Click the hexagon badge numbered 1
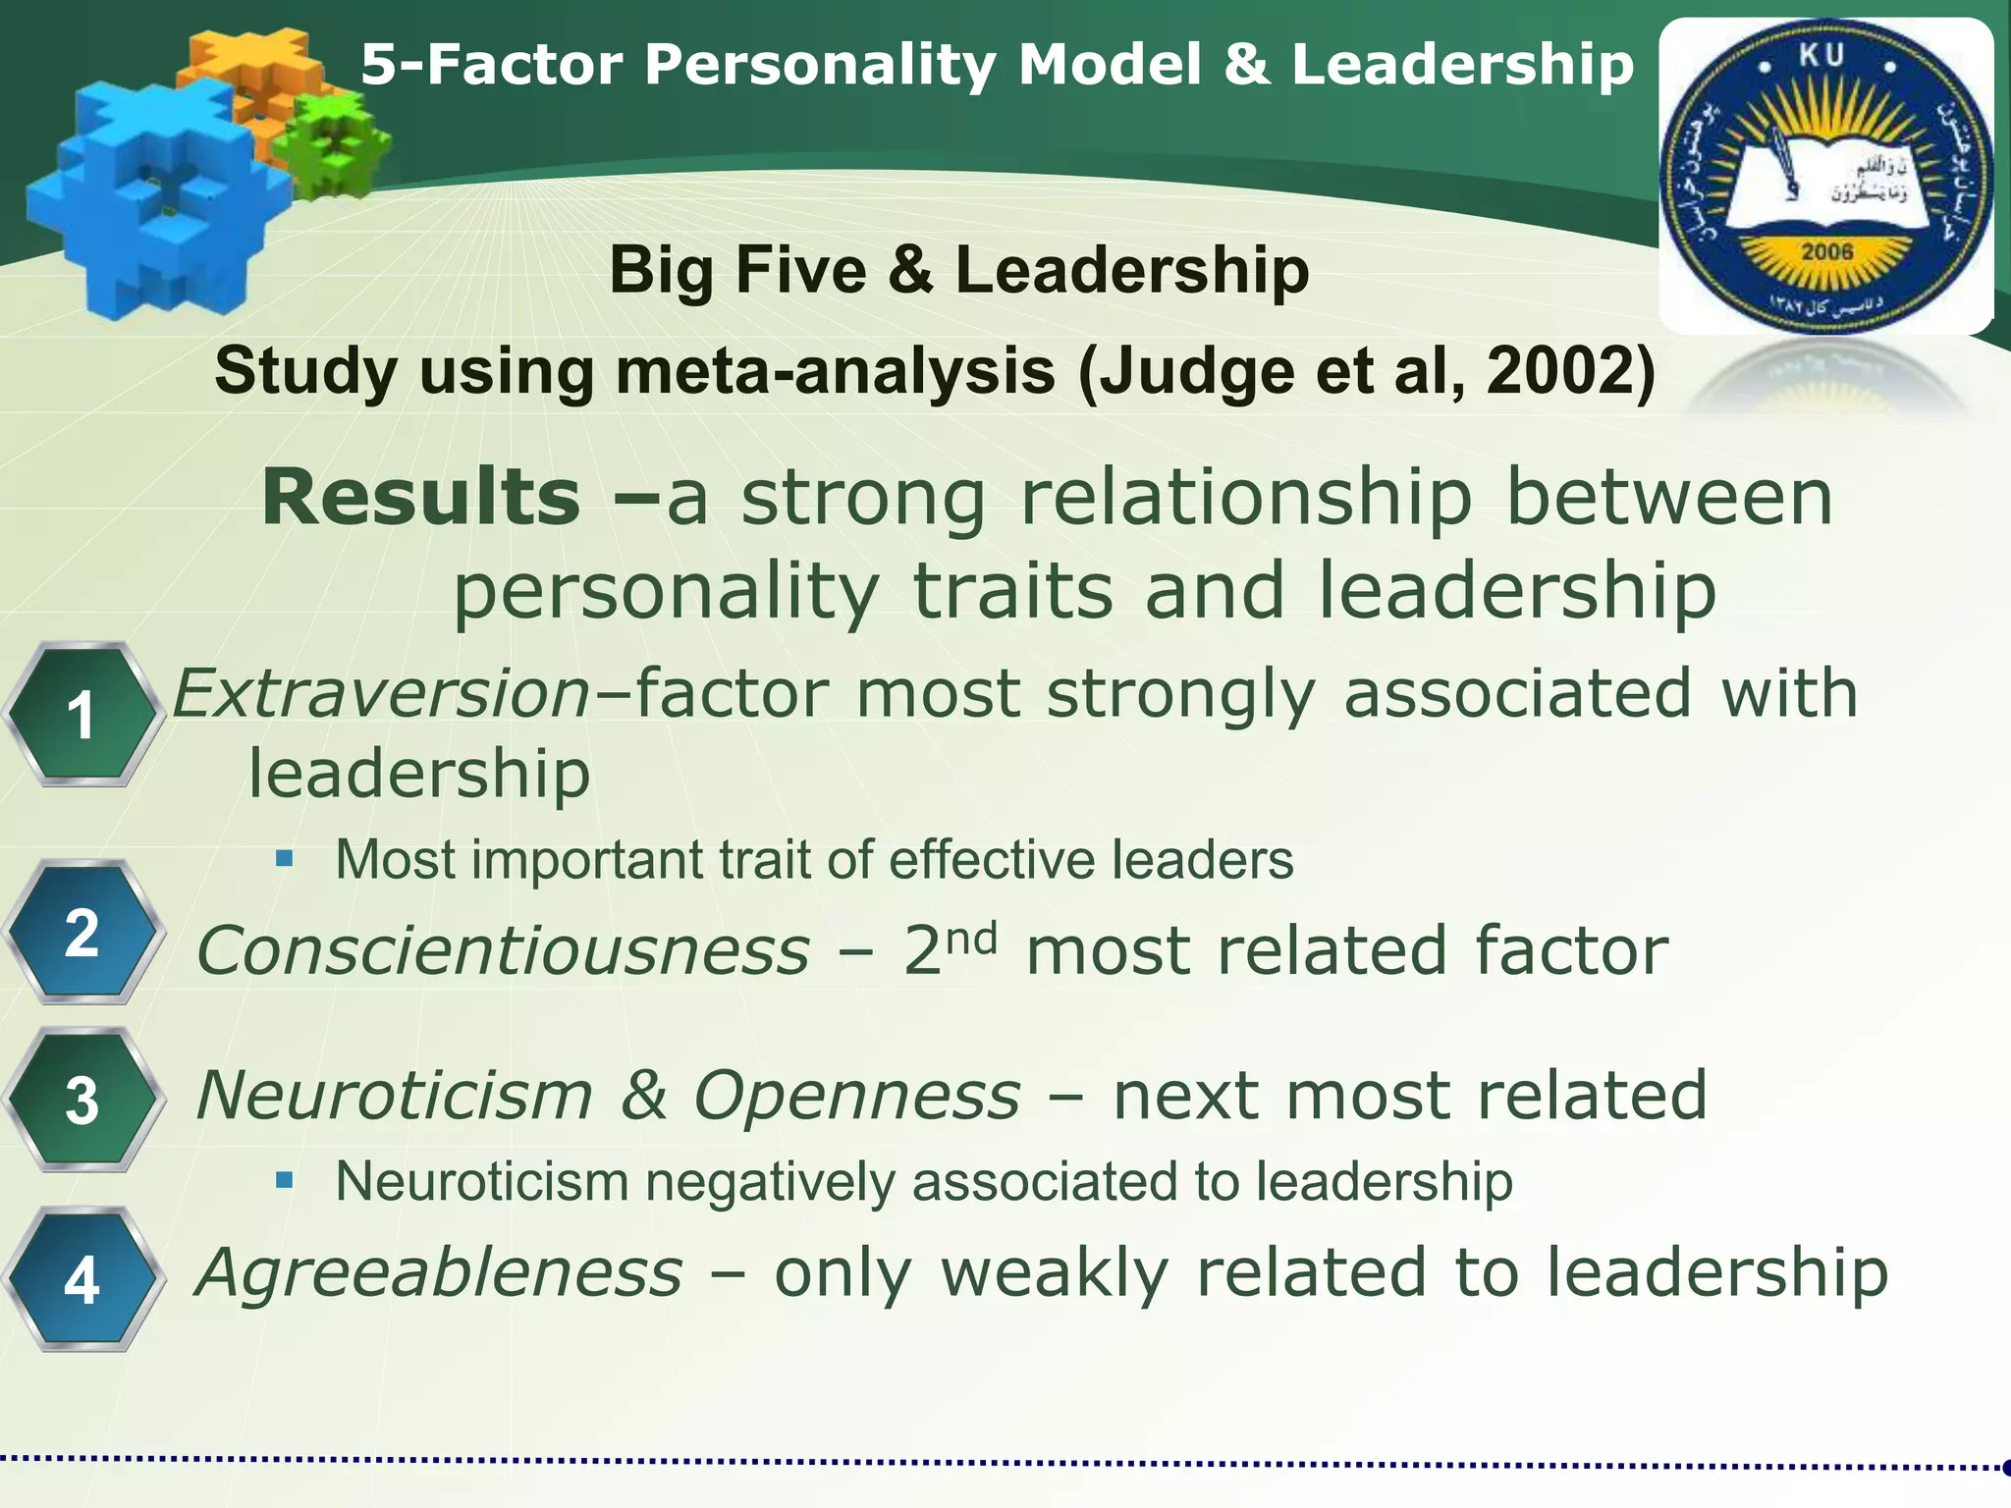click(82, 715)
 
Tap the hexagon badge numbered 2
click(82, 933)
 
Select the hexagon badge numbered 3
click(82, 1101)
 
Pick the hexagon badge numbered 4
click(82, 1280)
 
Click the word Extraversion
click(381, 693)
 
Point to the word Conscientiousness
click(504, 950)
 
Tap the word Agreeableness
click(439, 1272)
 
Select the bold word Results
click(421, 497)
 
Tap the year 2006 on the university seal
click(1826, 252)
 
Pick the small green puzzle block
click(331, 142)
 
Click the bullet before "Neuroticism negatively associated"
click(285, 1181)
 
